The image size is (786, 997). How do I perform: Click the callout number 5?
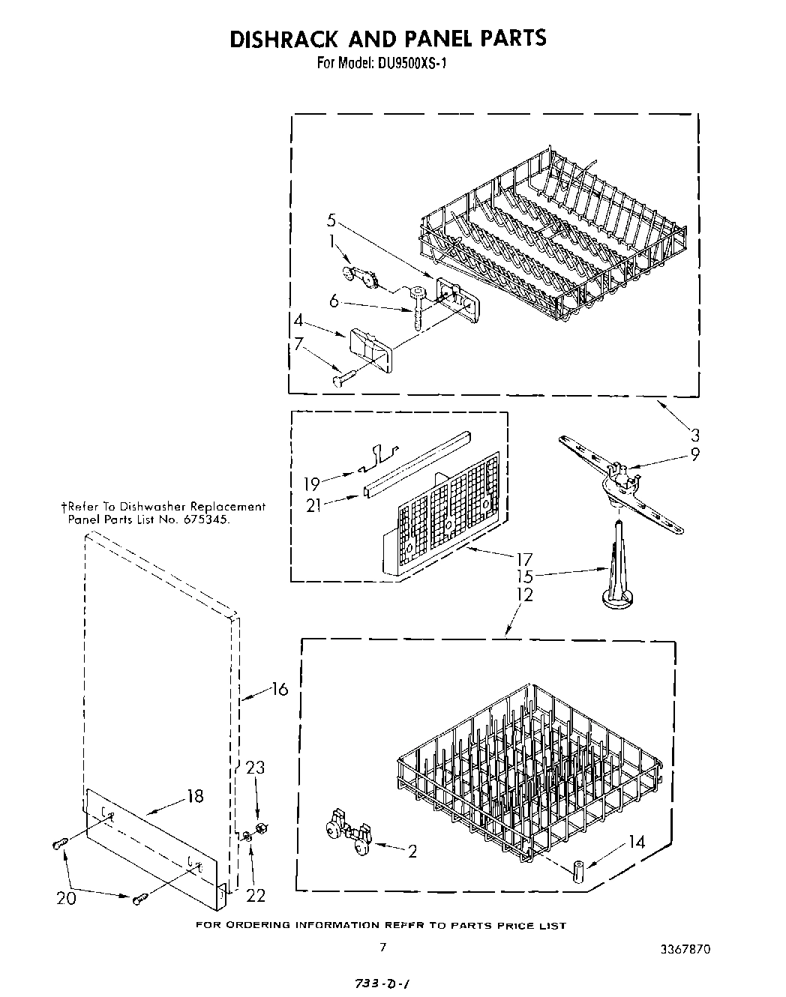click(331, 220)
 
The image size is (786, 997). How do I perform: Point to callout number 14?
click(636, 843)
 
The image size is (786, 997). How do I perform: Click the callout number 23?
click(256, 768)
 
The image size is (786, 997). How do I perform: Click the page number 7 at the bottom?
click(382, 948)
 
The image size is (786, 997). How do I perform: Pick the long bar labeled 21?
click(416, 465)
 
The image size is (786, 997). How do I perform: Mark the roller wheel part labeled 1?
click(359, 276)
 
